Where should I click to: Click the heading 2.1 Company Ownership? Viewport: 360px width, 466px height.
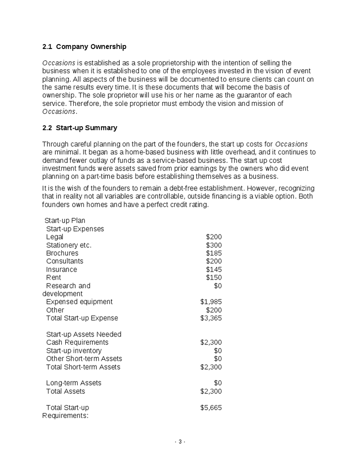coord(84,47)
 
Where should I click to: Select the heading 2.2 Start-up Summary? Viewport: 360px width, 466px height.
coord(80,128)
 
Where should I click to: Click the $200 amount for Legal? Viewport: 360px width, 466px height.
coord(214,237)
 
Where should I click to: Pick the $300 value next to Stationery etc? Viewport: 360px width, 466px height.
coord(214,245)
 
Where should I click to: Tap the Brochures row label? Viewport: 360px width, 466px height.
coord(62,253)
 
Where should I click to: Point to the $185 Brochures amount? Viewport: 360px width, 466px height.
coord(214,253)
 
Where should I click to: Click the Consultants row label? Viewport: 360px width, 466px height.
coord(65,261)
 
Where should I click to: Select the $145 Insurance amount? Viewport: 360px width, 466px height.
coord(214,269)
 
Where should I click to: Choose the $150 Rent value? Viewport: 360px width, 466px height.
coord(214,277)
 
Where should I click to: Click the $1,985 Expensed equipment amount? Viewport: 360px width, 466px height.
coord(211,301)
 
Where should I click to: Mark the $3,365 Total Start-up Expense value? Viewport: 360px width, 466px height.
coord(211,318)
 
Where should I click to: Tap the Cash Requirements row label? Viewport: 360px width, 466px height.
coord(77,342)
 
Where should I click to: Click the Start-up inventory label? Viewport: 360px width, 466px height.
coord(74,350)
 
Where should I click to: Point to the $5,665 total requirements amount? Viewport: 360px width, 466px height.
coord(211,407)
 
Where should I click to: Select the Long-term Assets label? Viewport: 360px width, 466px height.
coord(74,382)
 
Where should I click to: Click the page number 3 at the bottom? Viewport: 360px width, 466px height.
coord(180,441)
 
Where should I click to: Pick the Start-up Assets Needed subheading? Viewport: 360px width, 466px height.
coord(84,334)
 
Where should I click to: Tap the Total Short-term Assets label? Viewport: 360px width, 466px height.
coord(83,367)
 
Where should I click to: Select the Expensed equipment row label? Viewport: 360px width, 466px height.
coord(79,301)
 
